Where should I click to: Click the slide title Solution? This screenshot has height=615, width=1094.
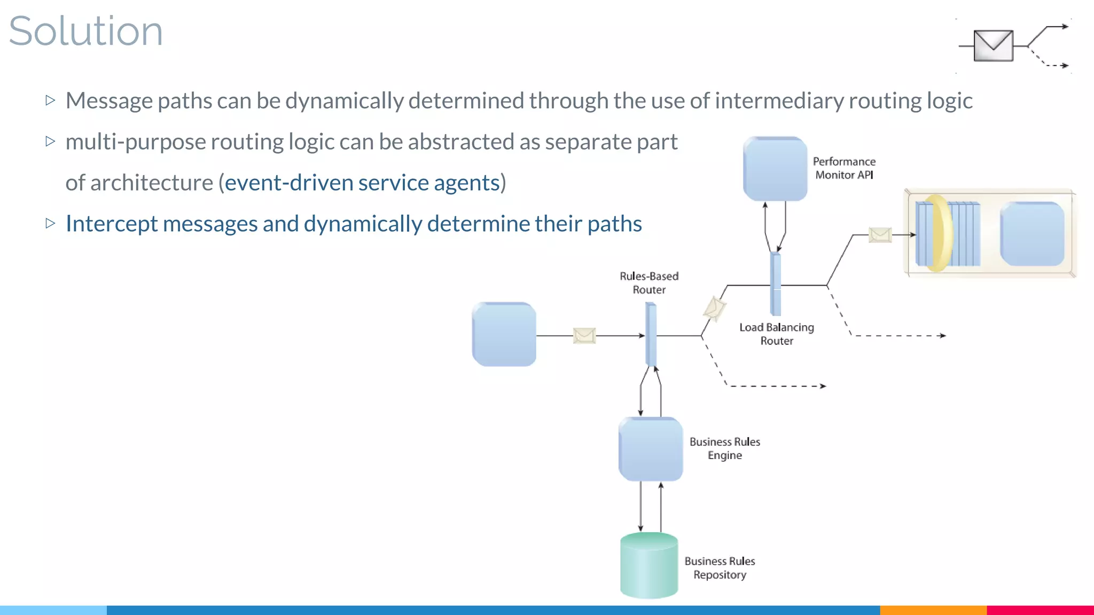(85, 31)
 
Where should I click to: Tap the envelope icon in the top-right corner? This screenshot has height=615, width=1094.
(993, 45)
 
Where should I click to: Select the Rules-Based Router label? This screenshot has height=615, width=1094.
(649, 283)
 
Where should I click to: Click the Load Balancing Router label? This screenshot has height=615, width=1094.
(777, 334)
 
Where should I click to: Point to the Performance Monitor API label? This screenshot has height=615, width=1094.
(844, 168)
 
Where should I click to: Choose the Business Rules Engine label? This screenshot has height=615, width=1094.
(724, 448)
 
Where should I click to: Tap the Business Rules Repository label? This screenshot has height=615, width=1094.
(720, 568)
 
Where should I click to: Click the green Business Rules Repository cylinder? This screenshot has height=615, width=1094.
(649, 566)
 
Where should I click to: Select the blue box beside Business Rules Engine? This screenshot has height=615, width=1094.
(651, 449)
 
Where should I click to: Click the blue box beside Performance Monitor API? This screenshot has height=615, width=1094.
(775, 169)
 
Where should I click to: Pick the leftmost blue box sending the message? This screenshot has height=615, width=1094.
(504, 334)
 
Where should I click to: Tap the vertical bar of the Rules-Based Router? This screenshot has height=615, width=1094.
(651, 334)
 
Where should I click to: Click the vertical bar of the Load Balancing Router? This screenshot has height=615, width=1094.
(775, 284)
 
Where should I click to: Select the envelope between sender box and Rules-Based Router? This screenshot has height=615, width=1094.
(584, 335)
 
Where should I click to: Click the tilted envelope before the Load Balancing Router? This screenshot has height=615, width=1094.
(714, 308)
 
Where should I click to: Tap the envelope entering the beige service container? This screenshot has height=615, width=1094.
(880, 234)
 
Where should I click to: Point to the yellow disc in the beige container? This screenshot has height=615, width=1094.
(937, 233)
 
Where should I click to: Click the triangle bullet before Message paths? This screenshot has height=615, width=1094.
(51, 100)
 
